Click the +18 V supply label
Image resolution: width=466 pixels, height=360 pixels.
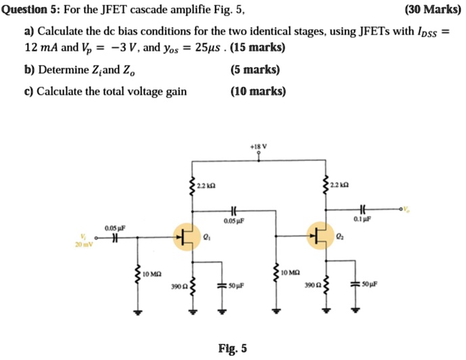pyautogui.click(x=258, y=146)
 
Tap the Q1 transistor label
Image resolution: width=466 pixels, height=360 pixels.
pyautogui.click(x=206, y=237)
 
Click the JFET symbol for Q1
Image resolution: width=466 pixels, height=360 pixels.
pyautogui.click(x=187, y=236)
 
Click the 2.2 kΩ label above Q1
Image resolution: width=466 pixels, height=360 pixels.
pyautogui.click(x=206, y=185)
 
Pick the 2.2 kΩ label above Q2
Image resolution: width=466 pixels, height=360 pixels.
pyautogui.click(x=339, y=185)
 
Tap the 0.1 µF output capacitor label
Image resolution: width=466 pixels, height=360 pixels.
pyautogui.click(x=364, y=220)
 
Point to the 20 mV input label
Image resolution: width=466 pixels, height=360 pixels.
pyautogui.click(x=84, y=245)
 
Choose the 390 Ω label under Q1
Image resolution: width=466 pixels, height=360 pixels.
pyautogui.click(x=179, y=288)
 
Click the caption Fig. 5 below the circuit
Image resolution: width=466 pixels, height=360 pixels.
pyautogui.click(x=233, y=348)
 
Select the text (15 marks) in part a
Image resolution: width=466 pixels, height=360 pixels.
pyautogui.click(x=257, y=48)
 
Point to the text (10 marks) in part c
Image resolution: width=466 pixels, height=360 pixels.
pyautogui.click(x=258, y=91)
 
